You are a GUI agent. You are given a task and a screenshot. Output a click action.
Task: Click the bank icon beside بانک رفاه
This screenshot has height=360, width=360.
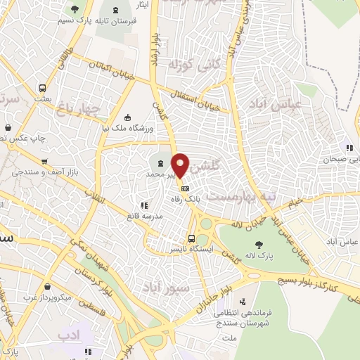[185, 188]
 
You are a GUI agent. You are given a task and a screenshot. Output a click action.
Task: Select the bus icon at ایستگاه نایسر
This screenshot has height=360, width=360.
[191, 238]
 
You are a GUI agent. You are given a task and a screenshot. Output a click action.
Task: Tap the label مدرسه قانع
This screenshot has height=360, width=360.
[143, 216]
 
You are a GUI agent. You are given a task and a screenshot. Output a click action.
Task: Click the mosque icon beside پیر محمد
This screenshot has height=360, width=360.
[161, 163]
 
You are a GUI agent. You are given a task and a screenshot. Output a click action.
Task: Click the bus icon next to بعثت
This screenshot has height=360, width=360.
[43, 89]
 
